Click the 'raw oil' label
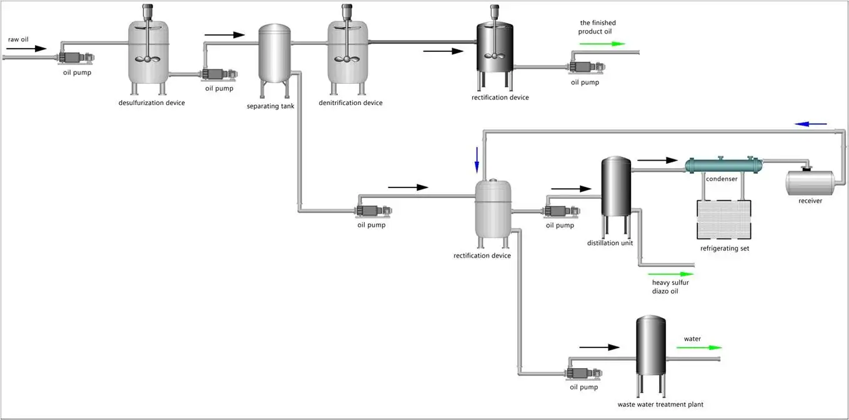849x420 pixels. pos(18,39)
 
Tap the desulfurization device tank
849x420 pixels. pos(149,53)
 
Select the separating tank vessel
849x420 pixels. pos(274,55)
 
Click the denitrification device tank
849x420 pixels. pos(348,53)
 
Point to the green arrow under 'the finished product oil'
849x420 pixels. pos(602,44)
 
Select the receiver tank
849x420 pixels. pos(810,182)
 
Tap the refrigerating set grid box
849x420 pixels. pos(724,219)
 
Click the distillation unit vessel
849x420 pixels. pos(615,187)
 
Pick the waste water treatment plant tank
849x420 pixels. pos(650,347)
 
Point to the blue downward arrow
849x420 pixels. pos(477,159)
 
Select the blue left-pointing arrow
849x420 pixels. pos(810,124)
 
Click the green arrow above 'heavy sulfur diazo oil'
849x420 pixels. pos(671,274)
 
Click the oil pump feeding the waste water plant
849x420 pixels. pos(583,373)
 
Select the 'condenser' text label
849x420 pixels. pos(722,179)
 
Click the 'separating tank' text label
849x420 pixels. pos(270,106)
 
